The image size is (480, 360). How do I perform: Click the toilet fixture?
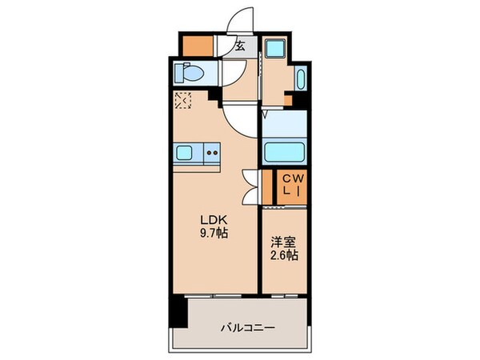190,74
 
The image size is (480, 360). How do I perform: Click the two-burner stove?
212,150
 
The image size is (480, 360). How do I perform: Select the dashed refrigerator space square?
183,102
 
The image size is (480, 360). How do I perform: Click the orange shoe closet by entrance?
196,46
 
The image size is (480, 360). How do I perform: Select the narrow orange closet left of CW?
267,186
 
